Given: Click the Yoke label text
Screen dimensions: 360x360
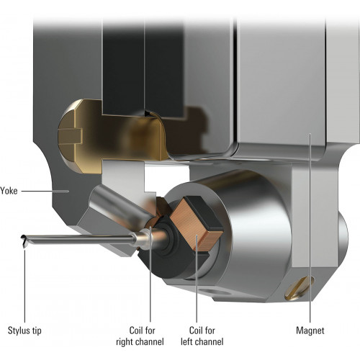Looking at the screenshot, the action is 9,191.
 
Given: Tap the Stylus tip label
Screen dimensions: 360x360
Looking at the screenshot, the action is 24,330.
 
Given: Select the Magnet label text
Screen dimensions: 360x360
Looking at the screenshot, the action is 310,330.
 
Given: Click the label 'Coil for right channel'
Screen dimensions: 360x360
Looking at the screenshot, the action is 140,336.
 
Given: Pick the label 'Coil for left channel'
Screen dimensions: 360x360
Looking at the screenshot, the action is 202,336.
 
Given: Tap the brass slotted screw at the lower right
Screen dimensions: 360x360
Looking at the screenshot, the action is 300,287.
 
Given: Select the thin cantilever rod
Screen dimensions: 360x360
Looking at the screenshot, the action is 79,240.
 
